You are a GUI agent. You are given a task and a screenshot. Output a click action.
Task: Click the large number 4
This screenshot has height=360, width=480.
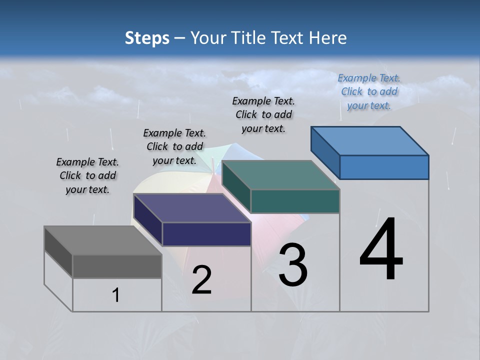click(381, 250)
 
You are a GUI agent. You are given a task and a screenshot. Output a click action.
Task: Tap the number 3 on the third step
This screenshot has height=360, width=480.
click(293, 265)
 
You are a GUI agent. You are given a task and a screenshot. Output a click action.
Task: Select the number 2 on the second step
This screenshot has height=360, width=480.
click(201, 280)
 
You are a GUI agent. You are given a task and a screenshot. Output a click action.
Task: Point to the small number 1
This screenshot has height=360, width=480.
click(116, 295)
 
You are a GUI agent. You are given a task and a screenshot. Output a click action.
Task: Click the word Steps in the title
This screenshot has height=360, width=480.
click(147, 38)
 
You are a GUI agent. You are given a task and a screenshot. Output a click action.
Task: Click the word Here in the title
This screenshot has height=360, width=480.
click(328, 38)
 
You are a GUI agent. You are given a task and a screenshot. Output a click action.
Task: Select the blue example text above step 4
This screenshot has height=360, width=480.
click(369, 91)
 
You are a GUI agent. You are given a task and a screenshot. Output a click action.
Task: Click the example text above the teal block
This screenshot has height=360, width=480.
click(263, 114)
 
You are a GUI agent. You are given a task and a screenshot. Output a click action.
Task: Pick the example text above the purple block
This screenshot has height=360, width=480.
click(174, 146)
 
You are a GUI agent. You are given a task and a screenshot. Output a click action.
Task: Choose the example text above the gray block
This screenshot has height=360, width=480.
click(87, 175)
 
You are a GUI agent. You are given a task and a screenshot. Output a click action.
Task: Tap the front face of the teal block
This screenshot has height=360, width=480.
click(295, 201)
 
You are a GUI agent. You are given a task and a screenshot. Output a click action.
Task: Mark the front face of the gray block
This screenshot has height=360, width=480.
click(117, 266)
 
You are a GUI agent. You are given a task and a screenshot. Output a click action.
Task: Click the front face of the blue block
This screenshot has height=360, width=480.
click(384, 167)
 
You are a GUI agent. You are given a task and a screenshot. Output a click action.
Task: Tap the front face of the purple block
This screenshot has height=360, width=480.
click(206, 234)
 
